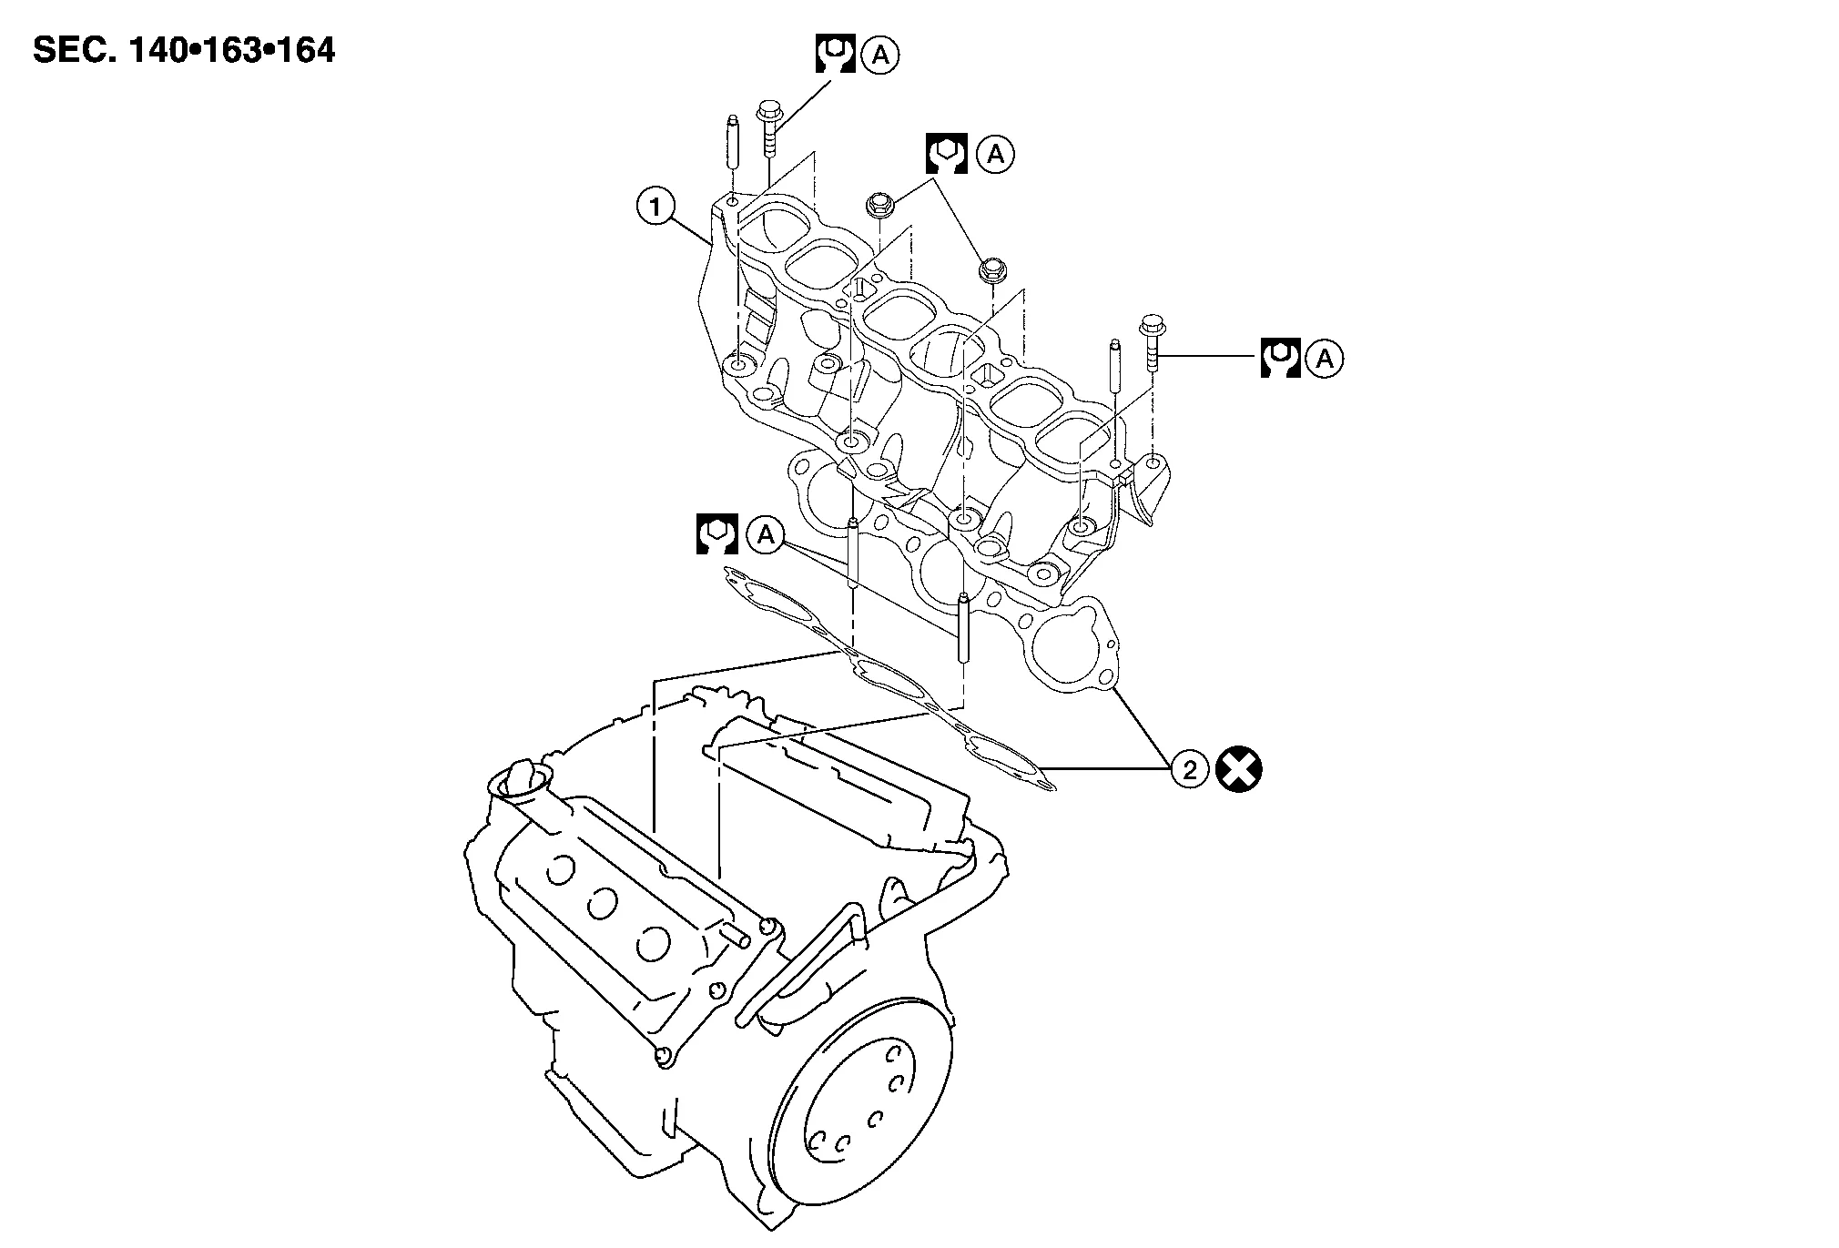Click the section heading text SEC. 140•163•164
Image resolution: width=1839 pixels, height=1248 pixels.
[184, 50]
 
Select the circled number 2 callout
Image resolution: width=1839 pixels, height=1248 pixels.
[1189, 770]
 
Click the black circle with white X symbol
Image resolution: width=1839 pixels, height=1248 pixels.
[1242, 770]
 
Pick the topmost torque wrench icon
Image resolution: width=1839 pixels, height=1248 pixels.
[834, 55]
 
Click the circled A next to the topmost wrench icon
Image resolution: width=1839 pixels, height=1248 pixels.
[880, 56]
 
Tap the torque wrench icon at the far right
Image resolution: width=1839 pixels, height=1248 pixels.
[1279, 359]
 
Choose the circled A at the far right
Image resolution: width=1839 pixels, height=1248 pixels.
[1325, 360]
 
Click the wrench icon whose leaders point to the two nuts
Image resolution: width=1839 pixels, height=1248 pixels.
[946, 154]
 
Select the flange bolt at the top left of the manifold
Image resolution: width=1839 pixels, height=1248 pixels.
[767, 130]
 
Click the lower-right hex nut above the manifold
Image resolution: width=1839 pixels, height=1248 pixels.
[991, 270]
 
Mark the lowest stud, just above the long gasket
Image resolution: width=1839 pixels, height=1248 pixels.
[962, 628]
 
